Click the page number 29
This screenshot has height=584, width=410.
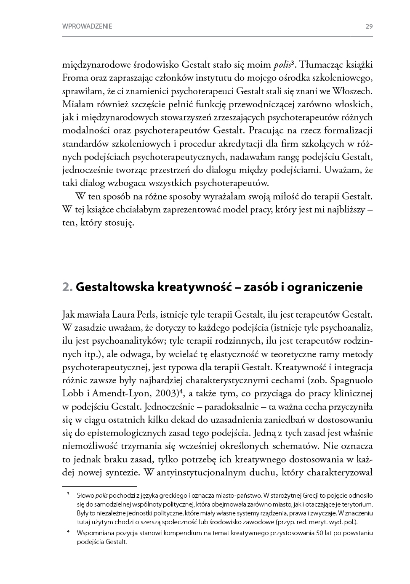point(369,26)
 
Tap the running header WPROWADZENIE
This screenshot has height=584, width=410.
point(87,26)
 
